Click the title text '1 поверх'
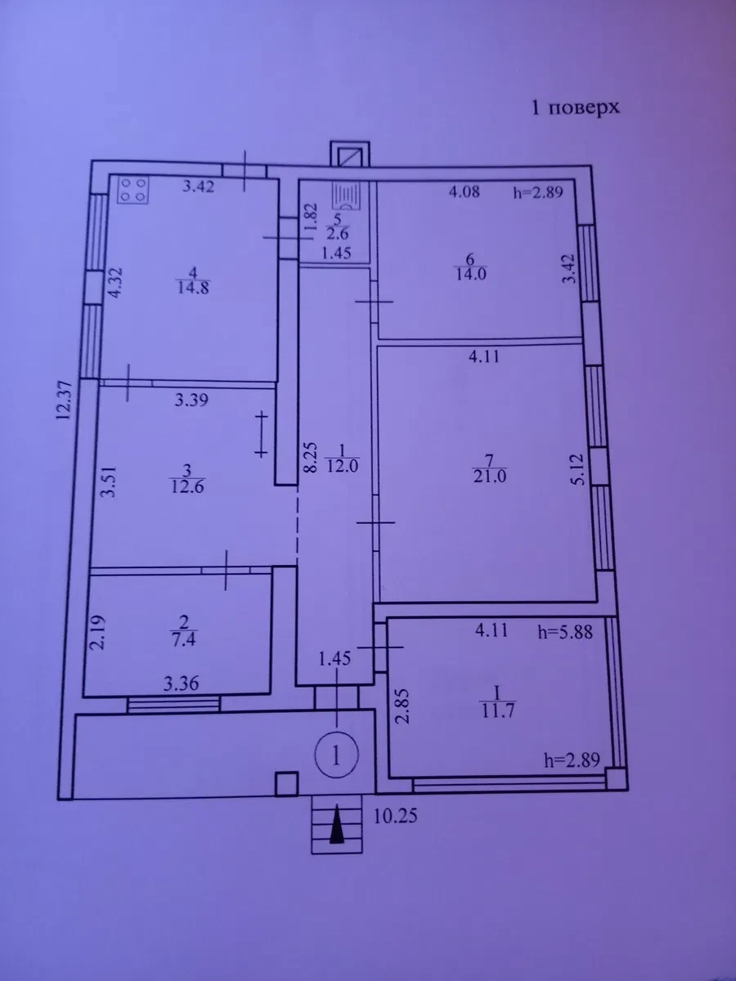576,108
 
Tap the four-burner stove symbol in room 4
134,190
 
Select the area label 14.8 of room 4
193,288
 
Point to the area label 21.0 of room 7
489,477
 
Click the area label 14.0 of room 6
470,274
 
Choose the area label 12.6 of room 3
187,486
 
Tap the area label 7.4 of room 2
184,639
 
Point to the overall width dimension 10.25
396,816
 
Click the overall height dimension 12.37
63,400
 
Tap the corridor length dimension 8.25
310,457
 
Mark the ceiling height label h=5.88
565,633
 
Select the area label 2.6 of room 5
338,233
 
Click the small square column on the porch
286,783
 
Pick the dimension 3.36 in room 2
181,683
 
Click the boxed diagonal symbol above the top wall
350,155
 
